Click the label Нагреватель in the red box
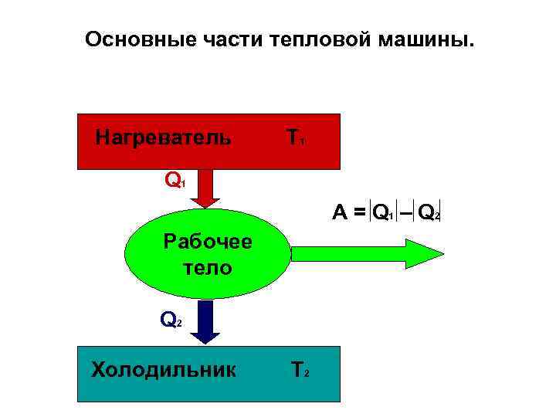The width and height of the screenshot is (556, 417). click(163, 138)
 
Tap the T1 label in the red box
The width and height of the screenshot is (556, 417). click(295, 138)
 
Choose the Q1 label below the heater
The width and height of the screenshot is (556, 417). click(175, 181)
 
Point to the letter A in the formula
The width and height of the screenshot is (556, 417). click(340, 212)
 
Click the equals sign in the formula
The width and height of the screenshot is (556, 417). click(360, 212)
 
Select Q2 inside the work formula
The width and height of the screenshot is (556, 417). click(429, 212)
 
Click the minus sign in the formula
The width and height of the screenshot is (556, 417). click(405, 212)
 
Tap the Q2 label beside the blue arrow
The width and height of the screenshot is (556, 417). click(171, 318)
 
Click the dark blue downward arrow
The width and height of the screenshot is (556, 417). click(205, 324)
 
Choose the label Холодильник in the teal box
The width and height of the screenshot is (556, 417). click(164, 369)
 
